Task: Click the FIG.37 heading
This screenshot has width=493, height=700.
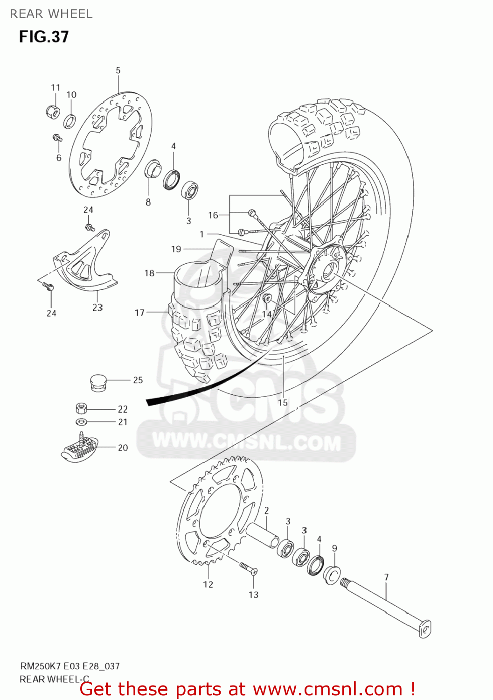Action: [x=44, y=36]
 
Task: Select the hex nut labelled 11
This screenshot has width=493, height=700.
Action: [x=53, y=112]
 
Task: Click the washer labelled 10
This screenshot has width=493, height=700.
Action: [x=69, y=121]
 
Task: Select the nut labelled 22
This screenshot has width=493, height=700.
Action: [x=81, y=409]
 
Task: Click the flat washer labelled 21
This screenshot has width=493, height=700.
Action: [x=81, y=422]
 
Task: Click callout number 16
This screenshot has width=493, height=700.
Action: [x=213, y=215]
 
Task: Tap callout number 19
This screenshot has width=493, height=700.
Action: [x=176, y=249]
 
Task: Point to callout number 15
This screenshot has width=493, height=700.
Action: [x=283, y=403]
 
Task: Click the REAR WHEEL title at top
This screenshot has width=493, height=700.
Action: [x=51, y=14]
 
